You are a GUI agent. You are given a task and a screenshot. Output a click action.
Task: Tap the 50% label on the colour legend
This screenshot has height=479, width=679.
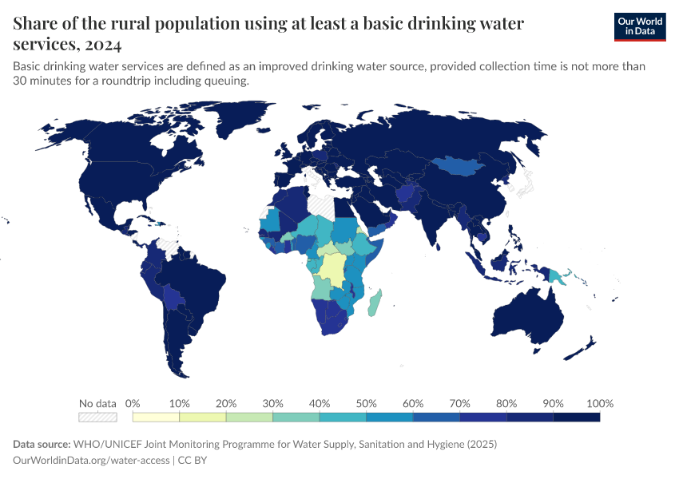point(366,403)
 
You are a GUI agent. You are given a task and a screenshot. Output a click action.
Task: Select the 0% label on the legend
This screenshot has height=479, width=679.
point(133,403)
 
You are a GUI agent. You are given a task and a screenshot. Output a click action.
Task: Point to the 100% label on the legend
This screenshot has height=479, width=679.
point(599,403)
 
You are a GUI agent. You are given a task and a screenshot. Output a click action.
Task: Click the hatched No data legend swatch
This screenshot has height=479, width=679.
point(97,417)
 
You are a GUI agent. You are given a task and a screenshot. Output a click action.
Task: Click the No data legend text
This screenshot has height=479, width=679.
point(97,403)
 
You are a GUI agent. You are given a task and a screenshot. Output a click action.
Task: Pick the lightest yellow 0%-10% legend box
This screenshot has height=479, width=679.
point(156,417)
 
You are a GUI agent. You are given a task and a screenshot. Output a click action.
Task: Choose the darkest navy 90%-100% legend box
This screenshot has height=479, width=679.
point(576,417)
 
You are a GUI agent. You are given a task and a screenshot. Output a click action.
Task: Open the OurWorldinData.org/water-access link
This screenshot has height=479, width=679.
point(92,460)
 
